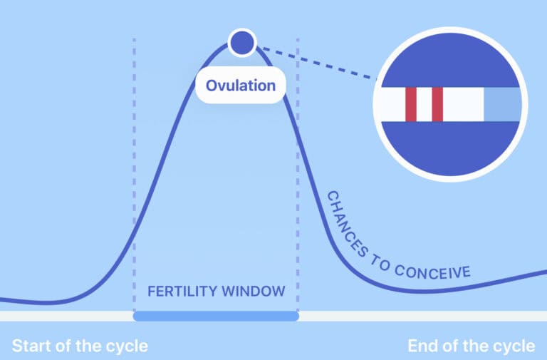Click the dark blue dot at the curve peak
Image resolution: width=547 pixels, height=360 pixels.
pos(241,43)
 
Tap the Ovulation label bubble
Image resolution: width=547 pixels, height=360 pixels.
pos(241,86)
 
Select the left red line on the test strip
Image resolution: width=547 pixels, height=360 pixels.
pos(411,105)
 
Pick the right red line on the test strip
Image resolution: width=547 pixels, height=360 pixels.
pos(437,105)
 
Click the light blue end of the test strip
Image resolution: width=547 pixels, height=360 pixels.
pos(502,105)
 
